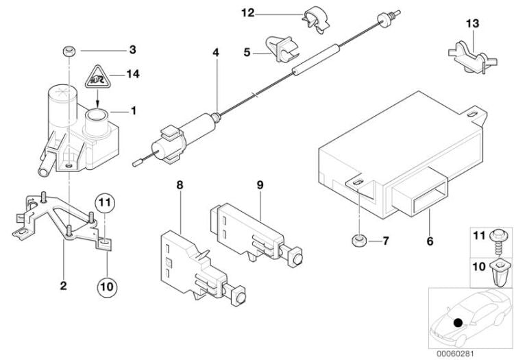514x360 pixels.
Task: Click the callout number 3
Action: pyautogui.click(x=132, y=49)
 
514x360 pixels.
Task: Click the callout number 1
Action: pyautogui.click(x=134, y=110)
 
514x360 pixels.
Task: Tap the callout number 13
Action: pyautogui.click(x=471, y=24)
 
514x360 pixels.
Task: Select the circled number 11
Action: pyautogui.click(x=103, y=203)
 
